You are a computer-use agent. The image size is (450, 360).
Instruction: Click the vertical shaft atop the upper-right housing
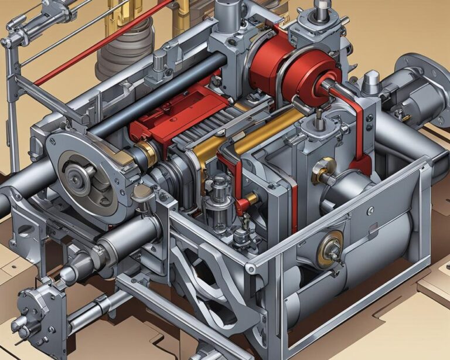(321, 9)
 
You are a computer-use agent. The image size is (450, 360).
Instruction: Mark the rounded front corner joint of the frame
(251, 268)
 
